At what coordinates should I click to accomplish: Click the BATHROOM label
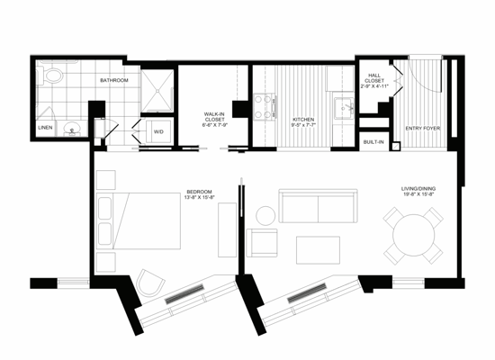coord(113,81)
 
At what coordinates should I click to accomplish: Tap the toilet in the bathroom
coord(52,77)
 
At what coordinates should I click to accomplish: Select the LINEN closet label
coord(45,128)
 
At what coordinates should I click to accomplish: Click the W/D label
coord(158,131)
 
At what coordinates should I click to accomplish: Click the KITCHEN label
coord(302,120)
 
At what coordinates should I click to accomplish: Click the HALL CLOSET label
coord(375,79)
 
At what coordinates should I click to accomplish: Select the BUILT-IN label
coord(373,142)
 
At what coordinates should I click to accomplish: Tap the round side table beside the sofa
coord(265,215)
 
